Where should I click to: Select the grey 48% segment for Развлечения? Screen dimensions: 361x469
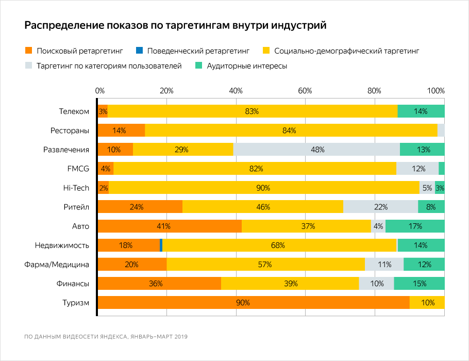316,150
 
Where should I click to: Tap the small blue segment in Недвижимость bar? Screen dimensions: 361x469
161,245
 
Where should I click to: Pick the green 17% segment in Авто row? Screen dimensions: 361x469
415,226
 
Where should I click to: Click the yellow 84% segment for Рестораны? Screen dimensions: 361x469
291,130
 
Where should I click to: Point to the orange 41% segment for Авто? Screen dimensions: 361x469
170,226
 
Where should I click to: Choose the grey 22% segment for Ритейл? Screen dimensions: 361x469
380,207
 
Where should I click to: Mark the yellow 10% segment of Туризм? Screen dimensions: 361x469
427,303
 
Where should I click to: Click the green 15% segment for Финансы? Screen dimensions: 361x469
419,284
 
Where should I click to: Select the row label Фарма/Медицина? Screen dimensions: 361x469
57,265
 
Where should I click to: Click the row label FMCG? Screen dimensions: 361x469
78,169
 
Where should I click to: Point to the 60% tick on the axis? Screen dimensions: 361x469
305,91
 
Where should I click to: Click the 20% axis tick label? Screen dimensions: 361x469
166,91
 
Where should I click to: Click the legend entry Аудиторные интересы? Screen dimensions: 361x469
246,66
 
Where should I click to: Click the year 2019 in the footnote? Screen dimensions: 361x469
179,337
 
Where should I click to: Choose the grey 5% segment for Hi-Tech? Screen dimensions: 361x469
427,188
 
